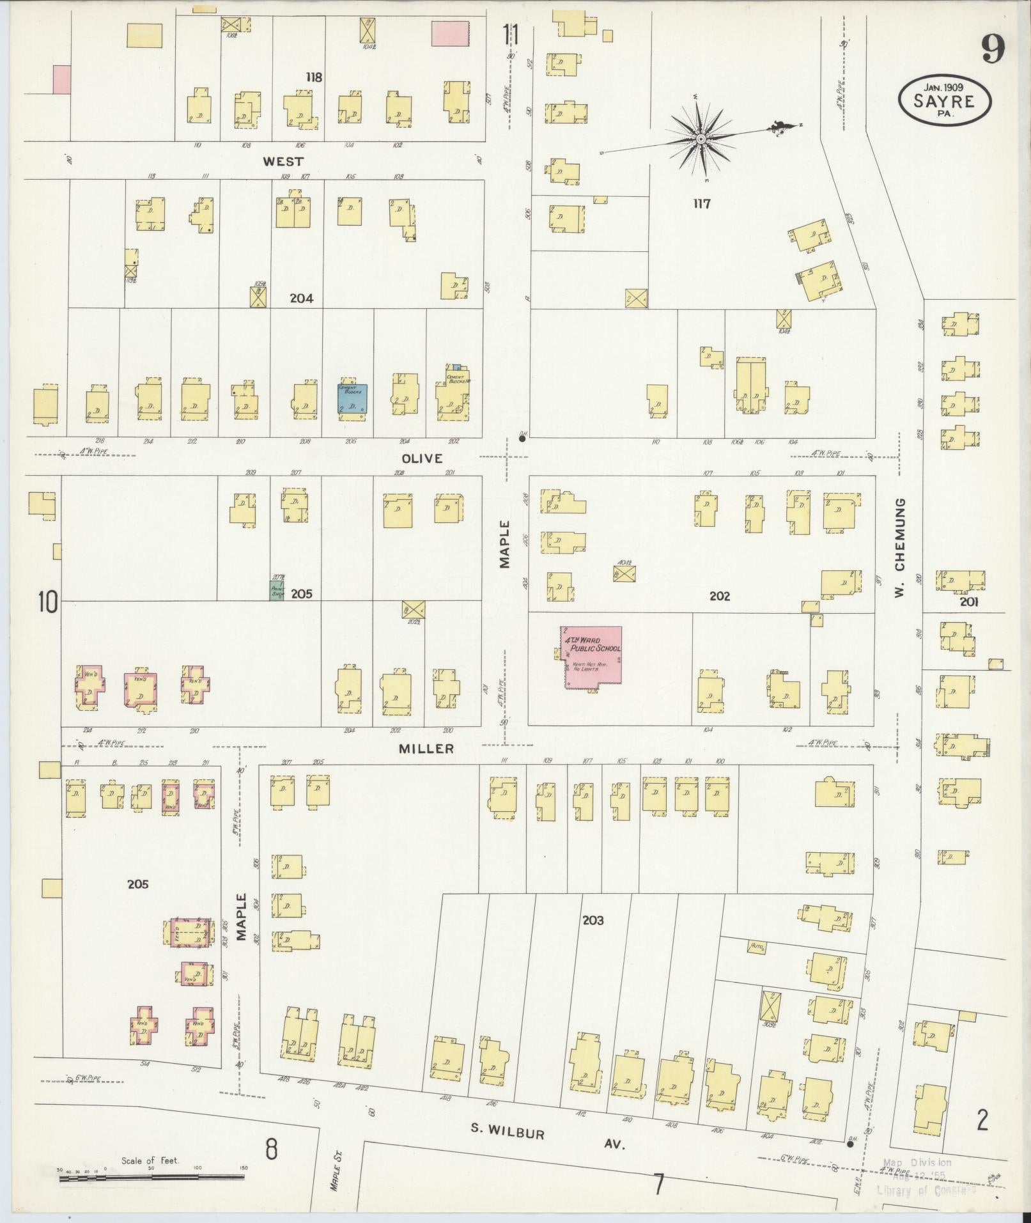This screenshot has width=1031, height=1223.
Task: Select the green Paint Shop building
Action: (276, 589)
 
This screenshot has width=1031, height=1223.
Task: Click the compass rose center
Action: (701, 139)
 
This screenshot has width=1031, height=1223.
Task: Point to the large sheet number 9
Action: (992, 49)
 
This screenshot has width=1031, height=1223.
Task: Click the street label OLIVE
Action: (422, 458)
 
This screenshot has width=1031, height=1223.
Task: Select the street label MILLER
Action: (426, 748)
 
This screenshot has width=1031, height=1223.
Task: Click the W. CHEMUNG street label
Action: (900, 549)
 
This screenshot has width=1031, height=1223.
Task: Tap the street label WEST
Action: (283, 162)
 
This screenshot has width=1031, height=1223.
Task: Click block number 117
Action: (701, 204)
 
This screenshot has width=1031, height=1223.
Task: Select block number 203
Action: (593, 921)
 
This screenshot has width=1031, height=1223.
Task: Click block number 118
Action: (313, 77)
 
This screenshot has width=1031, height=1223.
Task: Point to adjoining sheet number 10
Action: (47, 602)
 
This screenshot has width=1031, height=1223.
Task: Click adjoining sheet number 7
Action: (659, 1185)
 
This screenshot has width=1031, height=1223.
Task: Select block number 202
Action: (719, 596)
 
